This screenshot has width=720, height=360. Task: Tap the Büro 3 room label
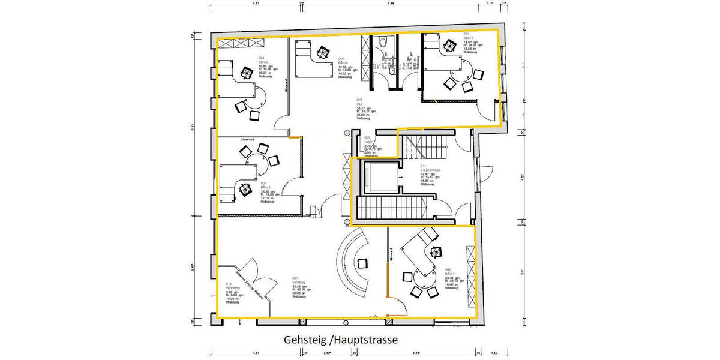263,62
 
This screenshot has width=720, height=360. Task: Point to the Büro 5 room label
469,38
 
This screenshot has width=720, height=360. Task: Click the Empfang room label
299,283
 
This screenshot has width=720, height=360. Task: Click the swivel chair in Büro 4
323,52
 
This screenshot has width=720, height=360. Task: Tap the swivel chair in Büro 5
449,45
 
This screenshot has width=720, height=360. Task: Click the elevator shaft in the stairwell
379,176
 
